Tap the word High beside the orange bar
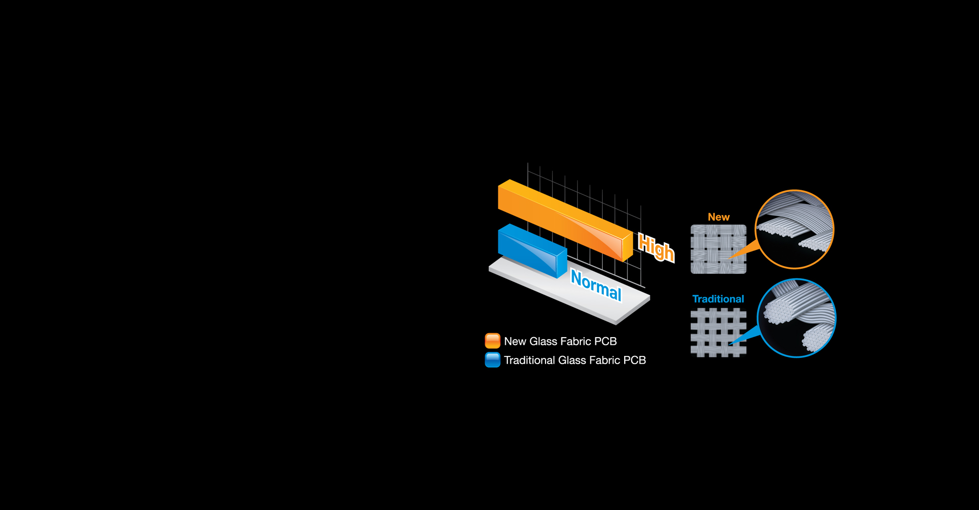click(656, 247)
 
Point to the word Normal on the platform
click(596, 286)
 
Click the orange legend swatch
click(493, 341)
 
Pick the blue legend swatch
click(493, 360)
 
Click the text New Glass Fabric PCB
click(560, 341)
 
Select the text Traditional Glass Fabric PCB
click(575, 360)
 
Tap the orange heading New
click(718, 217)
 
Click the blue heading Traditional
click(718, 299)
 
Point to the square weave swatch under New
click(718, 249)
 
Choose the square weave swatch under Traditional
click(718, 333)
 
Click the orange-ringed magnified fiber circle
click(794, 229)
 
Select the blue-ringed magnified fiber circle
click(796, 318)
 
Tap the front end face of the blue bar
click(562, 263)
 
